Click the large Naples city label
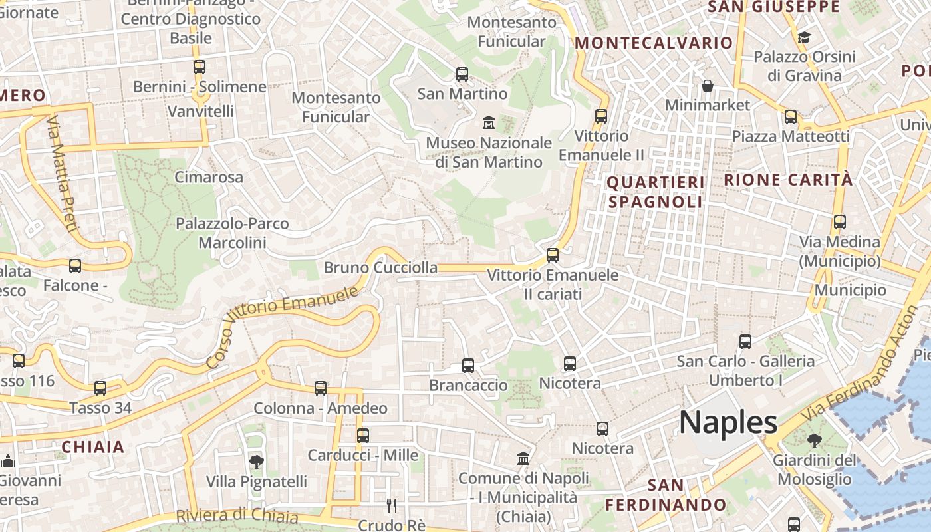tap(728, 422)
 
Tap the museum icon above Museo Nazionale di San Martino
tap(489, 122)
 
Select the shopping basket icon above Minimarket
tap(707, 86)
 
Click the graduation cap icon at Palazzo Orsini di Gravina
tap(804, 37)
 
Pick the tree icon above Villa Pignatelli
tap(256, 462)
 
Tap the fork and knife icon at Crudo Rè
tap(392, 506)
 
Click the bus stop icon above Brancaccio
tap(468, 365)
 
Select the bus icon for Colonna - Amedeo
tap(321, 388)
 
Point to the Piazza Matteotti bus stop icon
tap(791, 117)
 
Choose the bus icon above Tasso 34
tap(100, 388)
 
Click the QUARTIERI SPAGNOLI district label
tap(656, 192)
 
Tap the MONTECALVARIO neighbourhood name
tap(654, 43)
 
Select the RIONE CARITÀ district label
tap(788, 180)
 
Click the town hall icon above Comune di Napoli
tap(523, 459)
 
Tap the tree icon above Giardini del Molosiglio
tap(814, 440)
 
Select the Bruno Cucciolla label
tap(380, 268)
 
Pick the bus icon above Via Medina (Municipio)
tap(840, 222)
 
